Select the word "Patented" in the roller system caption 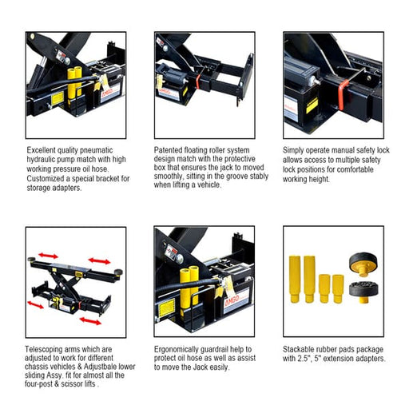169,149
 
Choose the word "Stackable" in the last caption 301,350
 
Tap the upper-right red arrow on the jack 101,261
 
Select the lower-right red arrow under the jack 90,320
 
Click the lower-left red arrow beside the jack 36,305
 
